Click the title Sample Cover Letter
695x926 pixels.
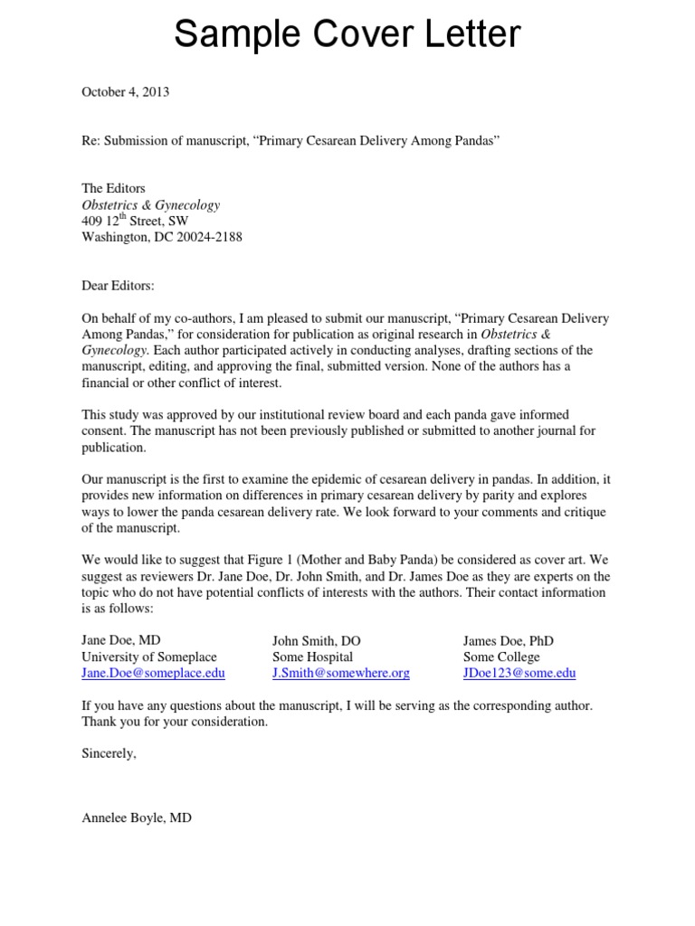pyautogui.click(x=347, y=34)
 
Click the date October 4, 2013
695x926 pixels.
pyautogui.click(x=126, y=91)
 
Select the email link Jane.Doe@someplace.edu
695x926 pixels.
pyautogui.click(x=153, y=673)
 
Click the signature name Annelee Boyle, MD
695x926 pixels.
pyautogui.click(x=137, y=817)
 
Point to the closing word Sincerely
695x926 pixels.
pyautogui.click(x=109, y=752)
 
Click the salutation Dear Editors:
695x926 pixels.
pyautogui.click(x=119, y=286)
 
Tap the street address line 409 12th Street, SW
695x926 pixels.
pyautogui.click(x=148, y=222)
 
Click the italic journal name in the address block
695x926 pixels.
pyautogui.click(x=150, y=205)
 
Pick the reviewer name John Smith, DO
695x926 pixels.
pyautogui.click(x=317, y=640)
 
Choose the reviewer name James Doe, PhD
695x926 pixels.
pyautogui.click(x=509, y=640)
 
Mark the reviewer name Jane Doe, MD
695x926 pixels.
pyautogui.click(x=121, y=640)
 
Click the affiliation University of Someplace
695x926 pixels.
pyautogui.click(x=149, y=657)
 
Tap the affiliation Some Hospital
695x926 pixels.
pyautogui.click(x=313, y=657)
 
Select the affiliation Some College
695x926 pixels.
pyautogui.click(x=501, y=657)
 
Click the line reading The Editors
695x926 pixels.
pyautogui.click(x=113, y=189)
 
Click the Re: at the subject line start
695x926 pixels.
pyautogui.click(x=91, y=141)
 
